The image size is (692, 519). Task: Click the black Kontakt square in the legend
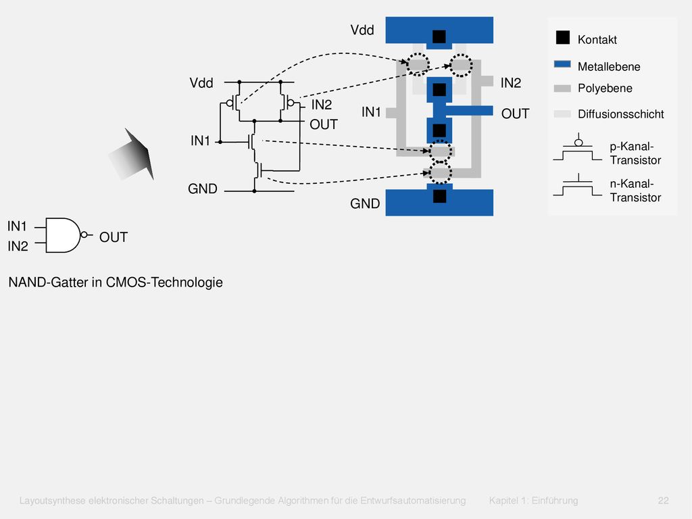(563, 38)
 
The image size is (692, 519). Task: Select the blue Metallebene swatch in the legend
(562, 64)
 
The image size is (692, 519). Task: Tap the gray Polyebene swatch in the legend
(562, 89)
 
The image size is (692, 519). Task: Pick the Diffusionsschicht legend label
(620, 114)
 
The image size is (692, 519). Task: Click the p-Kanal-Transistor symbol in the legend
(578, 148)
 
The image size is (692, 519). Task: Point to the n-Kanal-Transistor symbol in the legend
(578, 184)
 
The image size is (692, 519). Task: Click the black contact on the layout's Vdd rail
(439, 36)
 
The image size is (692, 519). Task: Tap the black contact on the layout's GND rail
(439, 196)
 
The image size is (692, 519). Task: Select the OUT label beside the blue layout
(515, 114)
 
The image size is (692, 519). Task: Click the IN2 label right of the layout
(511, 83)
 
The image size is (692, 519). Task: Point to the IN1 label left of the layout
(371, 112)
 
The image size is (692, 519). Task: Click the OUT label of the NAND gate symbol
(114, 237)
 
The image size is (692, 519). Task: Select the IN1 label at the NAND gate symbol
(17, 226)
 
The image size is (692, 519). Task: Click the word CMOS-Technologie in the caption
(164, 282)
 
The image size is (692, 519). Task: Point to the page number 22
(664, 501)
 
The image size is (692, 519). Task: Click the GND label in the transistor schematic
(203, 189)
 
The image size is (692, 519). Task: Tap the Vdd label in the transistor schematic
(201, 83)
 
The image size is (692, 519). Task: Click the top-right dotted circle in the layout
(461, 65)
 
